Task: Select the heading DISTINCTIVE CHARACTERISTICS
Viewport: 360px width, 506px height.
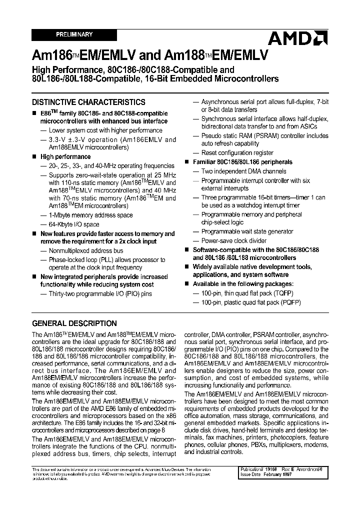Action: coord(88,102)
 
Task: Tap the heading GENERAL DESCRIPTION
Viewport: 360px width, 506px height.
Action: coord(74,323)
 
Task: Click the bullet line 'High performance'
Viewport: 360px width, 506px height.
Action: coord(65,157)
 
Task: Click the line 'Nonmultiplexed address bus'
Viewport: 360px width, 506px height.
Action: coord(85,251)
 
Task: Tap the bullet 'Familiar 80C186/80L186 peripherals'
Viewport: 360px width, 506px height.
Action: coord(242,162)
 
